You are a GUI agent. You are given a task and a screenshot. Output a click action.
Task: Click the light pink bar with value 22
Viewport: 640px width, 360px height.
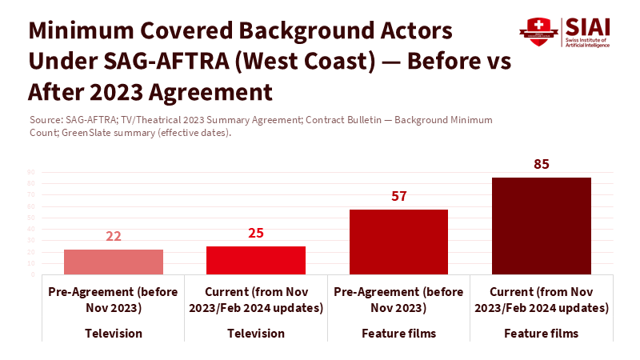click(x=114, y=262)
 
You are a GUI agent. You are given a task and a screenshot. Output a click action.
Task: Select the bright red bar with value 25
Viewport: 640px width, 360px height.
click(x=256, y=260)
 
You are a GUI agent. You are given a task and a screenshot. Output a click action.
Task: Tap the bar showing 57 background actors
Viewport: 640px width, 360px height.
click(x=398, y=242)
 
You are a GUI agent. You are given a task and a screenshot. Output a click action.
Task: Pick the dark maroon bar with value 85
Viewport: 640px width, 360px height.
click(x=541, y=226)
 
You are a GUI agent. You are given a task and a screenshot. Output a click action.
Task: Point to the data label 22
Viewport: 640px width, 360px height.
click(x=114, y=237)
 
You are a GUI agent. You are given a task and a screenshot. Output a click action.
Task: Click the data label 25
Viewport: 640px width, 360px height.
click(x=256, y=234)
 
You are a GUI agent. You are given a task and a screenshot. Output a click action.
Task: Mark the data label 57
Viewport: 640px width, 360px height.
click(x=398, y=197)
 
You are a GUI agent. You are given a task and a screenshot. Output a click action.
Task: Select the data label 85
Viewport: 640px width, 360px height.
click(x=541, y=165)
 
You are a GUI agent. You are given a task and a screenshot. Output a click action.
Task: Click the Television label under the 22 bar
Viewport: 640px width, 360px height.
click(x=114, y=333)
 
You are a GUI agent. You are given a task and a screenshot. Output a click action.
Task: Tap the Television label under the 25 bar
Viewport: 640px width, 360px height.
click(x=256, y=333)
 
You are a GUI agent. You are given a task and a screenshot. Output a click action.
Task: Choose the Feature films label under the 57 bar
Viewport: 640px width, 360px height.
click(x=398, y=333)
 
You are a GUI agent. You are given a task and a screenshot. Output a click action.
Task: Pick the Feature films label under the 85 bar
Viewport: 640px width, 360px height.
click(x=541, y=333)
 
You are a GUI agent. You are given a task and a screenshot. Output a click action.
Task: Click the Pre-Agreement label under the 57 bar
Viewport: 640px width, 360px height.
click(x=398, y=299)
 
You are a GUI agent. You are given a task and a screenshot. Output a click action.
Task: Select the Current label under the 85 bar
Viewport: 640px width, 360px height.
click(x=541, y=299)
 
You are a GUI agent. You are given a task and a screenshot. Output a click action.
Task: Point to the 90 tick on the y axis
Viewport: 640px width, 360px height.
click(x=31, y=172)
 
